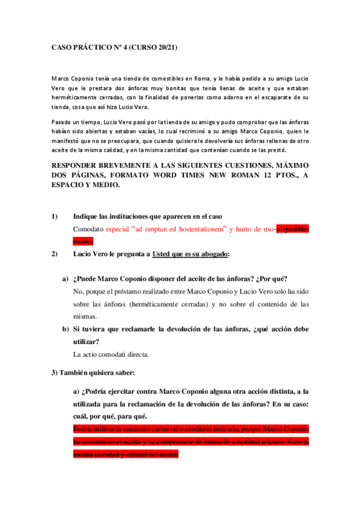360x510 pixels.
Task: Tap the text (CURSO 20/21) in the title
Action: (155, 46)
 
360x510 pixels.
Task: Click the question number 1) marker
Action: (54, 216)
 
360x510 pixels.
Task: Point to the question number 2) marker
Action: (54, 253)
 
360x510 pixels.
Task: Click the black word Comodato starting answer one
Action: (88, 229)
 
